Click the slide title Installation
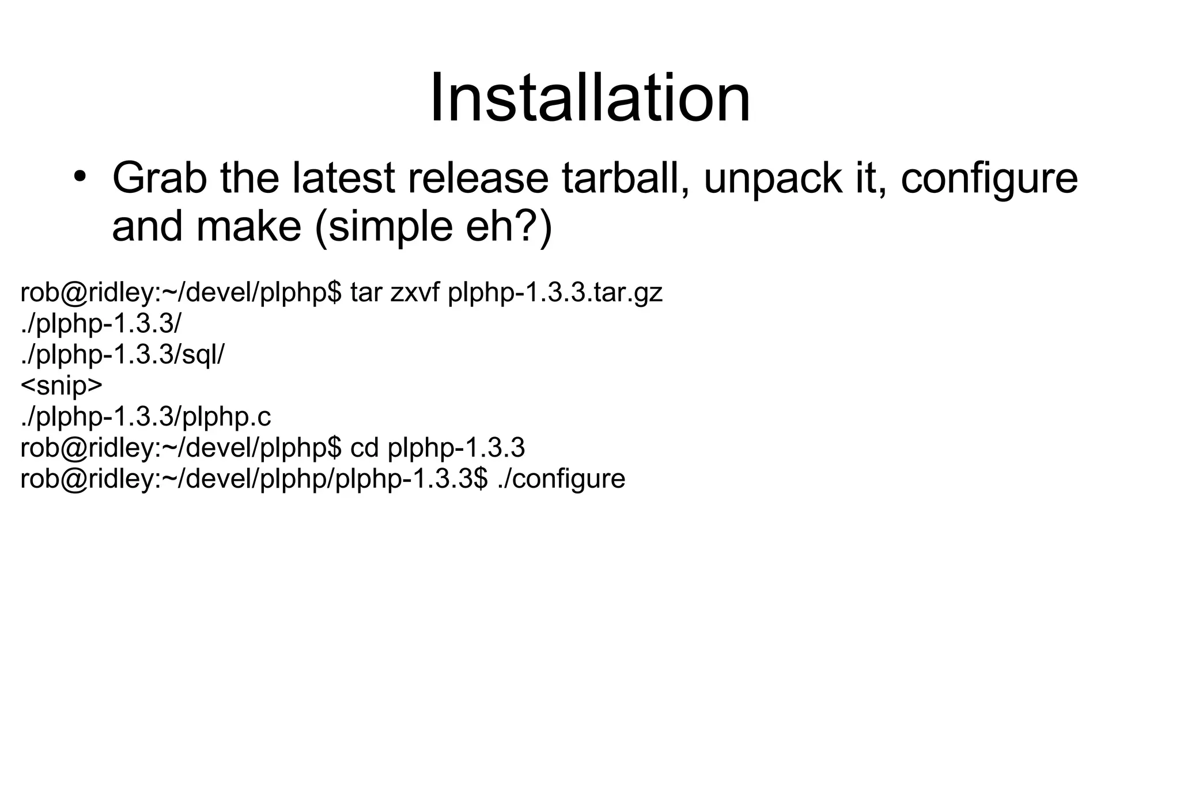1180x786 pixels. [x=590, y=98]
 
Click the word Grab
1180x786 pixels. [x=160, y=179]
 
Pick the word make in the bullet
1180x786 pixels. [x=249, y=226]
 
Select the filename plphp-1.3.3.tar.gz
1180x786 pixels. [x=555, y=293]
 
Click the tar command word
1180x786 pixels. [x=366, y=293]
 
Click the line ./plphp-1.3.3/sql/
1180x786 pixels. [x=122, y=355]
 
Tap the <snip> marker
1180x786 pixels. [x=61, y=386]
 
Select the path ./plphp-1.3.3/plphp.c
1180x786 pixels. [x=145, y=417]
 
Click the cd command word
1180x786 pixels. [x=364, y=448]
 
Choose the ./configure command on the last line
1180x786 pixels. [x=561, y=479]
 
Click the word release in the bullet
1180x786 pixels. [x=478, y=179]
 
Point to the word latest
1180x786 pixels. [x=343, y=179]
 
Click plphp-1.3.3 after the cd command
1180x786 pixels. [x=456, y=448]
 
